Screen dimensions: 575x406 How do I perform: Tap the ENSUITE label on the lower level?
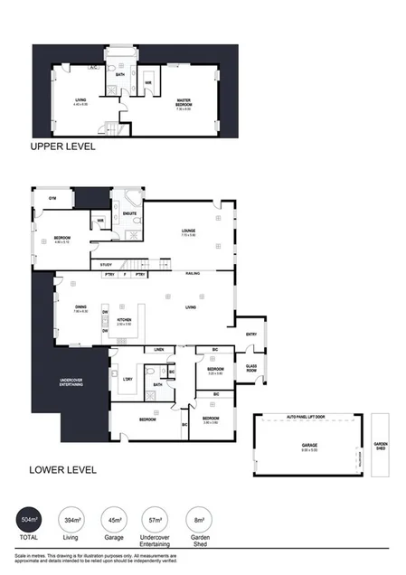coord(129,213)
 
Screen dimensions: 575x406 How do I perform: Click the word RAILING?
coord(192,273)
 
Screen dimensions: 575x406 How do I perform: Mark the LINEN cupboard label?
coord(158,349)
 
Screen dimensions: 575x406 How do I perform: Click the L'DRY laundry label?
coord(127,379)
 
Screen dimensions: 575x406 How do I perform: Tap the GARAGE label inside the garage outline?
coord(310,445)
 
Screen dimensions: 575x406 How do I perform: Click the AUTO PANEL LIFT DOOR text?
coord(311,419)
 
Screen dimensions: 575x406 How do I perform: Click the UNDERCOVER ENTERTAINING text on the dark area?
coord(71,383)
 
